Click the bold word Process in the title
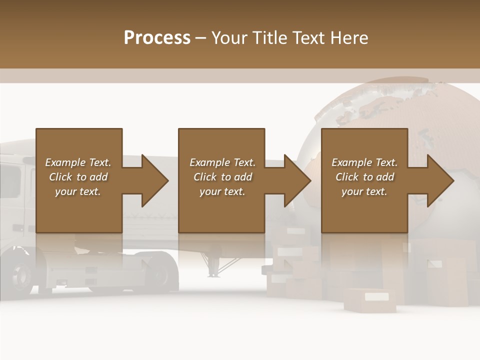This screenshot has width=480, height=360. click(x=157, y=38)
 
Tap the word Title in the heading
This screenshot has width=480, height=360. click(x=269, y=38)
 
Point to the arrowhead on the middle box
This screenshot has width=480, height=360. click(x=297, y=180)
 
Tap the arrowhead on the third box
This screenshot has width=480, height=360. click(x=440, y=180)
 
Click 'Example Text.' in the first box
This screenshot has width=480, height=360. click(x=78, y=162)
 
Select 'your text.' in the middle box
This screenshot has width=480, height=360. click(x=222, y=191)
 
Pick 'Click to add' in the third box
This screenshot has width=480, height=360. click(x=364, y=177)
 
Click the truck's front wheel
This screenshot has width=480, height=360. click(x=22, y=274)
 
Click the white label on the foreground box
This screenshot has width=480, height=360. click(x=375, y=296)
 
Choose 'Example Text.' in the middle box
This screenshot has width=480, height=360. click(x=222, y=162)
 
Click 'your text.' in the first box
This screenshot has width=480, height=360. click(x=78, y=191)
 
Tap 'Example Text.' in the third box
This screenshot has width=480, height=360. click(x=364, y=162)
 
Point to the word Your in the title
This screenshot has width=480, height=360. click(x=229, y=38)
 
